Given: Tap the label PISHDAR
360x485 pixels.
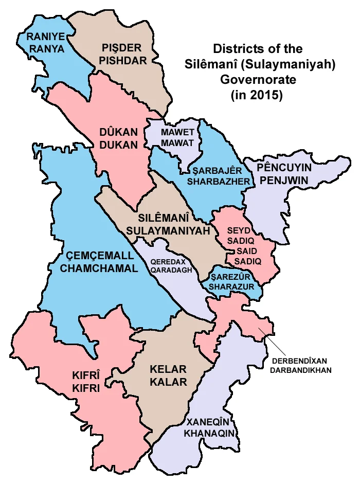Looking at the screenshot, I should [x=124, y=60].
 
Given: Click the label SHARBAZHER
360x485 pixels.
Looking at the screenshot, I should [x=219, y=182].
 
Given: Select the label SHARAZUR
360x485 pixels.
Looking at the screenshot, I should [x=232, y=286].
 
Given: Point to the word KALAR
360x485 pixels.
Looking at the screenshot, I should [x=168, y=382].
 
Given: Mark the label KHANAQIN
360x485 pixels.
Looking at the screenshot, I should [x=211, y=434].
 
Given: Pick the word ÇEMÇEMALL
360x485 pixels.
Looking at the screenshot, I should [x=96, y=256].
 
